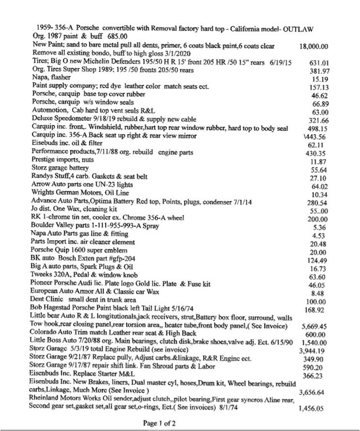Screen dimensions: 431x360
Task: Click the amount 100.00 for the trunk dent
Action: point(317,301)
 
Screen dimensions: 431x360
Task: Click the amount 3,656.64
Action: point(315,392)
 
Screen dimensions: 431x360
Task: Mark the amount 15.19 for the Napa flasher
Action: point(319,80)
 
